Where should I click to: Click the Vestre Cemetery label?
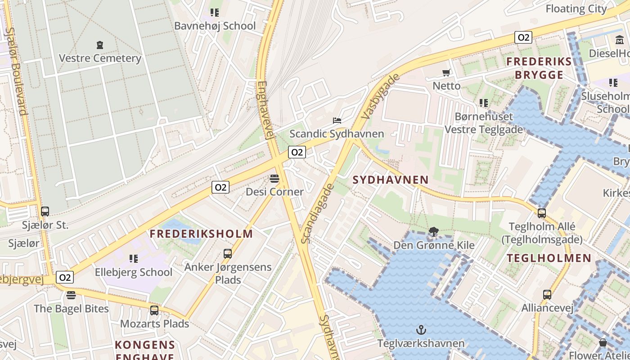tap(100, 58)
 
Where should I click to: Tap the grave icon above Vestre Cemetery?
tap(100, 45)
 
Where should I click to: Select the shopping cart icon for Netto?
tap(446, 72)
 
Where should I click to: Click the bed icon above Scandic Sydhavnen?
tap(337, 120)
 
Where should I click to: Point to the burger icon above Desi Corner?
tap(274, 179)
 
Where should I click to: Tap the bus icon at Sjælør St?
tap(45, 211)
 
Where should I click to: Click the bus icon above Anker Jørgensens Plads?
tap(228, 254)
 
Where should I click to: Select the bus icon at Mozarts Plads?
tap(154, 310)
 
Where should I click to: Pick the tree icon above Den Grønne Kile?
tap(434, 232)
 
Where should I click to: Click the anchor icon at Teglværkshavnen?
tap(421, 330)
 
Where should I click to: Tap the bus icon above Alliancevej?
tap(547, 295)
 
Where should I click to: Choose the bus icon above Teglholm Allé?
tap(542, 213)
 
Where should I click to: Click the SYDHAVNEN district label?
tap(391, 180)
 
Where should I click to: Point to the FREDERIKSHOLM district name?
tap(201, 234)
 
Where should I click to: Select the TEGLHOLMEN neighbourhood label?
tap(549, 258)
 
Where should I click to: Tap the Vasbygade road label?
tap(380, 97)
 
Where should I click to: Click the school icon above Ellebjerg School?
tap(133, 259)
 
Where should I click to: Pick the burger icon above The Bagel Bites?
tap(71, 295)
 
